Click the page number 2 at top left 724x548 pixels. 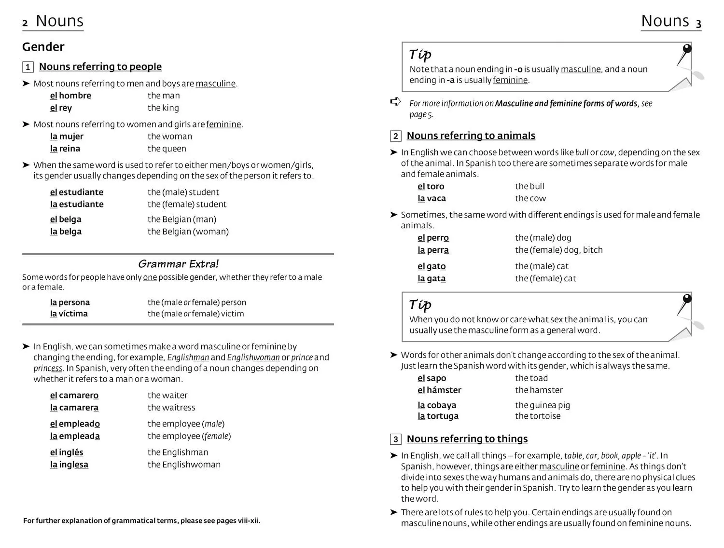point(25,23)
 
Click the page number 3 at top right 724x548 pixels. point(698,23)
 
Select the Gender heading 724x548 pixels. point(43,47)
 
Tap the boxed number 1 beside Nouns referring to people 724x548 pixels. point(28,67)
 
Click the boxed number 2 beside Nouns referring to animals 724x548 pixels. point(396,136)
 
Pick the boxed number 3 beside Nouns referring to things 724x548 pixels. point(396,439)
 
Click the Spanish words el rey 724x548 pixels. point(61,108)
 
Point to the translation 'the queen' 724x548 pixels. point(167,149)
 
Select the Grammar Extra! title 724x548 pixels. point(178,264)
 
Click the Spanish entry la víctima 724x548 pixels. point(69,314)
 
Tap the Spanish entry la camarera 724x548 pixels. point(74,408)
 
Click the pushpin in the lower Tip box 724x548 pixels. point(685,302)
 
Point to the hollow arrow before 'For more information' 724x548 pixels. point(395,102)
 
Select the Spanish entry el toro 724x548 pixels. point(431,186)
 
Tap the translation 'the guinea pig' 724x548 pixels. point(542,405)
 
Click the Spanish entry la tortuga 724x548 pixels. point(438,416)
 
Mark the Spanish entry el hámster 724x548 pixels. point(439,390)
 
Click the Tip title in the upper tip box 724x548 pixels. point(420,55)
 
